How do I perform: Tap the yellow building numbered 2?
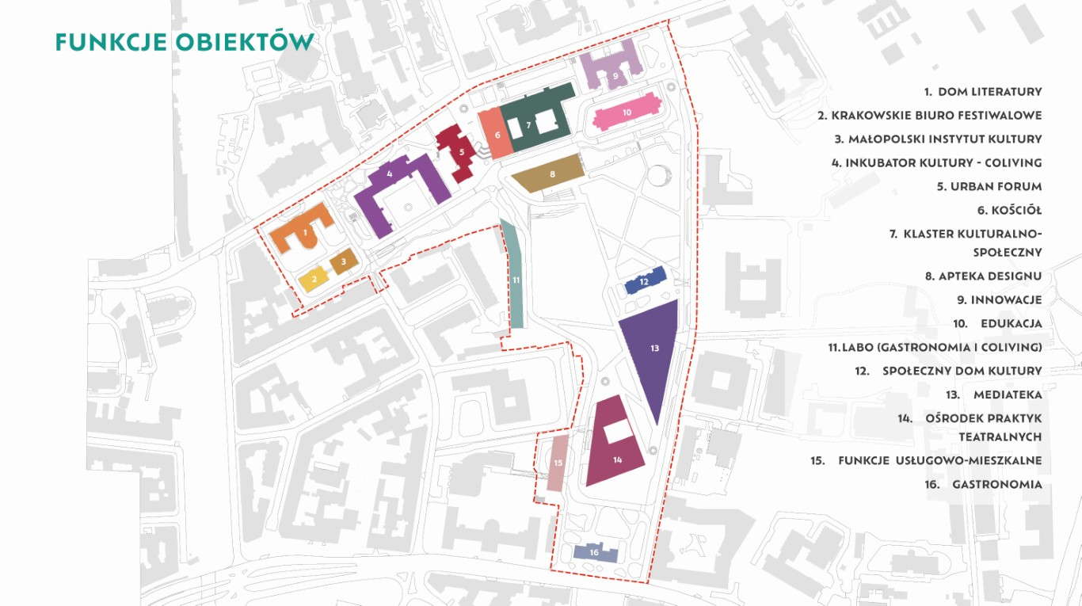[314, 279]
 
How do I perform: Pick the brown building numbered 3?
[344, 261]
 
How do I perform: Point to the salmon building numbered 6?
[495, 134]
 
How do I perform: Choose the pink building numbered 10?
[627, 112]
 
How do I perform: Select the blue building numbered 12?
[645, 280]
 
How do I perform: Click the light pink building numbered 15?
[558, 463]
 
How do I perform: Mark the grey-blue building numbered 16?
[595, 552]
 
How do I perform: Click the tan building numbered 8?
[549, 173]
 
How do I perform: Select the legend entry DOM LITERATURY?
[990, 92]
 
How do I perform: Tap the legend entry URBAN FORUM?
[996, 186]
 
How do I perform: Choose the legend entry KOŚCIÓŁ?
[1016, 210]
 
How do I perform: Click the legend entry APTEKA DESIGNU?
[990, 276]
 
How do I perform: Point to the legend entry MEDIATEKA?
[1008, 394]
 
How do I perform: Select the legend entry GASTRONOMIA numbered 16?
[997, 484]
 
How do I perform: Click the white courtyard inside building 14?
[619, 431]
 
